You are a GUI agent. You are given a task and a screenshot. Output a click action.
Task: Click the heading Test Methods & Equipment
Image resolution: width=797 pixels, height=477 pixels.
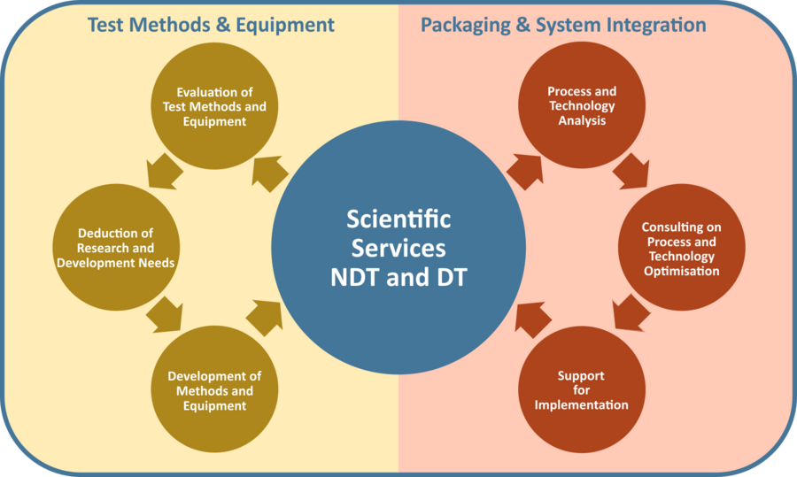[x=211, y=25]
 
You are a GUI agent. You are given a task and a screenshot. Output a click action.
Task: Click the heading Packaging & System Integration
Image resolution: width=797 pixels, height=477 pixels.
[x=563, y=25]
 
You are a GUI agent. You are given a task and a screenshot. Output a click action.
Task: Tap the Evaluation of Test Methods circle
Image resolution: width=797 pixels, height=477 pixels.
[x=214, y=107]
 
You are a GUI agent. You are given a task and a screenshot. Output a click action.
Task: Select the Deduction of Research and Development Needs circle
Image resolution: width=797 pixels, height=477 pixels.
[x=115, y=248]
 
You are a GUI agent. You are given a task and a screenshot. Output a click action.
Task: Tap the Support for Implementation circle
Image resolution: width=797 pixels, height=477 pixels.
[x=582, y=390]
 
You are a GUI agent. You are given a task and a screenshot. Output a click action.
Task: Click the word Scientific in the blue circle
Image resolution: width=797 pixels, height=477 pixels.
[x=398, y=219]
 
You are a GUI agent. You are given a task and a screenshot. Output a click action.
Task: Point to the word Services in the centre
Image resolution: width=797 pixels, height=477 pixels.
[x=398, y=247]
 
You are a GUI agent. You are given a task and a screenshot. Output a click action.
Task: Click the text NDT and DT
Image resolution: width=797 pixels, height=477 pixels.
[x=398, y=276]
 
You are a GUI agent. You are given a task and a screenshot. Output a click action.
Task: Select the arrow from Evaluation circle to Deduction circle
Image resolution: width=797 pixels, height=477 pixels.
[x=164, y=171]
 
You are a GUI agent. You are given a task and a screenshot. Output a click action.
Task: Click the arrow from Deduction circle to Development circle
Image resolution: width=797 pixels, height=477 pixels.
[x=164, y=312]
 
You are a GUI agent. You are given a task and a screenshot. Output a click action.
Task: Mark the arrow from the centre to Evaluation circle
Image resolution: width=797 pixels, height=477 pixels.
[x=268, y=173]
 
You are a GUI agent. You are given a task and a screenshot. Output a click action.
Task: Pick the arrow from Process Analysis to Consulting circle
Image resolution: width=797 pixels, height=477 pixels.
[x=631, y=171]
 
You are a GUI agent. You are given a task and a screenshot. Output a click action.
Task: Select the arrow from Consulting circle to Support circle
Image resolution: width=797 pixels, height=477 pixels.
[x=631, y=312]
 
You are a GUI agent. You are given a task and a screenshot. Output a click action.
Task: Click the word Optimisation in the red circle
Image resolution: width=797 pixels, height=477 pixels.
[x=681, y=272]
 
